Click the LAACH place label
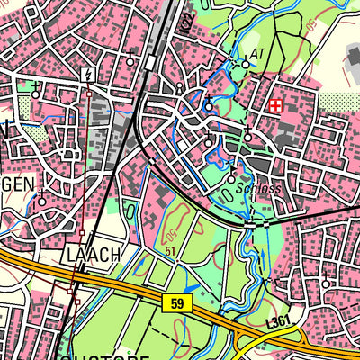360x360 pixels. pos(94,255)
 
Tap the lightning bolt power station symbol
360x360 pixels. pos(89,75)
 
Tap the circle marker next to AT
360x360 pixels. pos(246,64)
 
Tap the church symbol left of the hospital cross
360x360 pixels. pos(208,103)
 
